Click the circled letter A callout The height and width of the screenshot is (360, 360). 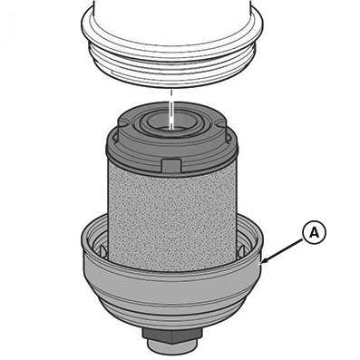coord(314,234)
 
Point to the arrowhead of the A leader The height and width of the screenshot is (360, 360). coord(263,264)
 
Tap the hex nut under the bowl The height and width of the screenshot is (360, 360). coord(173,340)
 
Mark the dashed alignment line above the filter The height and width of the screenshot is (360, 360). coord(170,100)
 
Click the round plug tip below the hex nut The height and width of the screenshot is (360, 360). coord(173,355)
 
